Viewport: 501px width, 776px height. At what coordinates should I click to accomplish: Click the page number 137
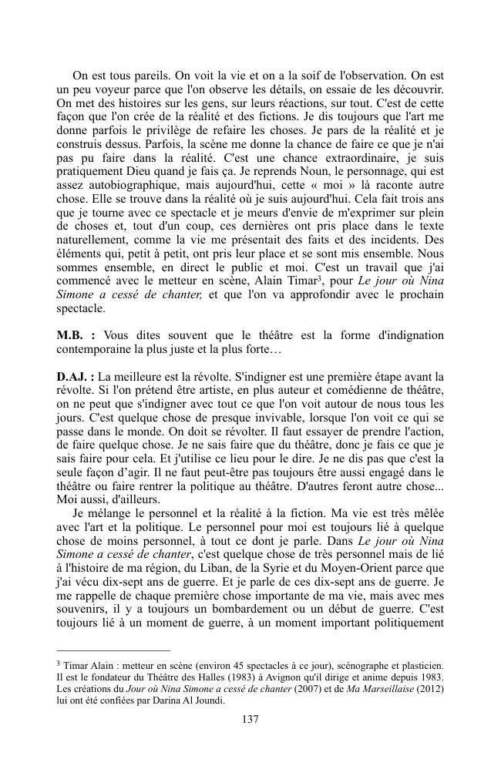coord(250,719)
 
